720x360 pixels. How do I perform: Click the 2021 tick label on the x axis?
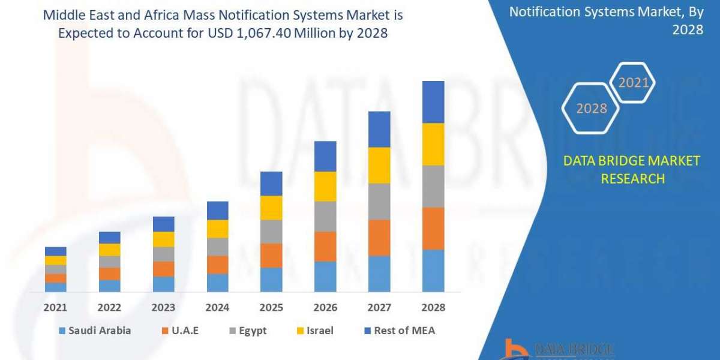pyautogui.click(x=55, y=308)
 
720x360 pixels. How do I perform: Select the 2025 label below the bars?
pyautogui.click(x=271, y=308)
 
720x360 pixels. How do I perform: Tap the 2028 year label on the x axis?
pyautogui.click(x=433, y=308)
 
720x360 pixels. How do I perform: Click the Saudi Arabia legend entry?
pyautogui.click(x=94, y=331)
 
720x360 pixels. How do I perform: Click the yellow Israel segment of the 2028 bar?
pyautogui.click(x=433, y=144)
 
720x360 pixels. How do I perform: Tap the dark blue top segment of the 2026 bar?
pyautogui.click(x=325, y=156)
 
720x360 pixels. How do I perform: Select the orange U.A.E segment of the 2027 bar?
pyautogui.click(x=379, y=238)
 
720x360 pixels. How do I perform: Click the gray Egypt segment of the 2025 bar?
pyautogui.click(x=271, y=232)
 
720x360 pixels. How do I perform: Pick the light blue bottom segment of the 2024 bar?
pyautogui.click(x=218, y=283)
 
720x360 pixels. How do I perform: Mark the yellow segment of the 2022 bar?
pyautogui.click(x=110, y=250)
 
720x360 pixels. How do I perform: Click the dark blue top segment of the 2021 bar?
pyautogui.click(x=55, y=251)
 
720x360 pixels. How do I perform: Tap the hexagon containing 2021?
pyautogui.click(x=633, y=83)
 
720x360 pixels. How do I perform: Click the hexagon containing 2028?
pyautogui.click(x=590, y=109)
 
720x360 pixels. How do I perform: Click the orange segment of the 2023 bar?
pyautogui.click(x=163, y=269)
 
